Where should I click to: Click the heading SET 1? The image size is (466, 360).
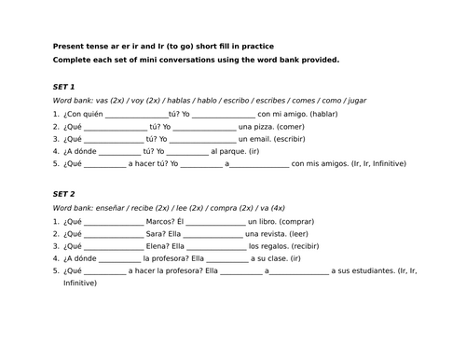(66, 85)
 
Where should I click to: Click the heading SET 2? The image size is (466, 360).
(66, 194)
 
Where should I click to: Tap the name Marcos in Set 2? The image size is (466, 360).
(162, 221)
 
